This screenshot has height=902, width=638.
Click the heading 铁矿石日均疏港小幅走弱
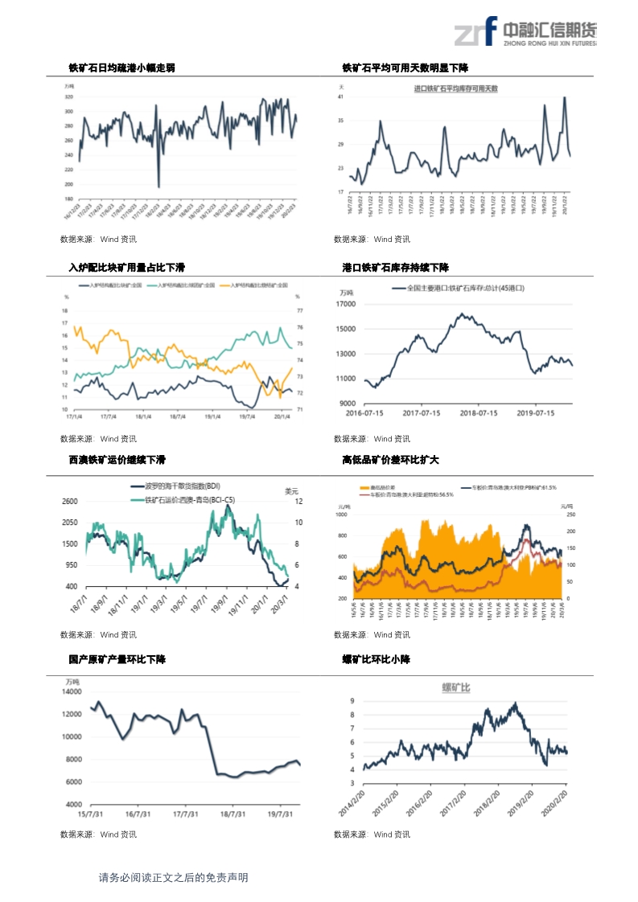click(x=121, y=68)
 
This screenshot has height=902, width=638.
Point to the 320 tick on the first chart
click(x=69, y=96)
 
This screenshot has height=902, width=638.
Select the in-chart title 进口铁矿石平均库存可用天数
click(x=455, y=88)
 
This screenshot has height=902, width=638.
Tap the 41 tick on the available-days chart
click(x=341, y=96)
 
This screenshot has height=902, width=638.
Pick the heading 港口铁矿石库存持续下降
click(x=395, y=267)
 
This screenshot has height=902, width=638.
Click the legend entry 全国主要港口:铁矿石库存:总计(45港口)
click(x=459, y=287)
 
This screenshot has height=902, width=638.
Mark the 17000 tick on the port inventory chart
click(x=345, y=304)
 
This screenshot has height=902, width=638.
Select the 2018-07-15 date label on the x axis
click(x=478, y=413)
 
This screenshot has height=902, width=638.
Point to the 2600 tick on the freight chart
click(x=70, y=502)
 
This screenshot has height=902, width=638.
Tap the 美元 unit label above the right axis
click(x=292, y=490)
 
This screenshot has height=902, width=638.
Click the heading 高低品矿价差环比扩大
click(x=389, y=460)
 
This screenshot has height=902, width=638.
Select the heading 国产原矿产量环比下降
click(x=117, y=659)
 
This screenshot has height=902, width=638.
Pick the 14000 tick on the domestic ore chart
click(x=72, y=691)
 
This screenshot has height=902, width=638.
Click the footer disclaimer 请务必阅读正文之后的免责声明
click(x=173, y=877)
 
